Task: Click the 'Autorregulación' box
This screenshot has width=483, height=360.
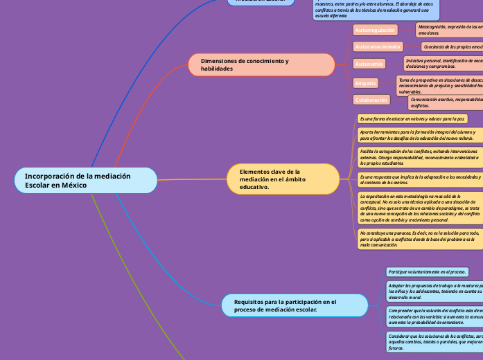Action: coord(376,30)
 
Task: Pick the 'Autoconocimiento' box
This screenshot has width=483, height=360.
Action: coord(378,47)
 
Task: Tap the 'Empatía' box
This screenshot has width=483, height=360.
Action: coord(365,83)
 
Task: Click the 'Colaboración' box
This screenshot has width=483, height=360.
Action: coord(371,100)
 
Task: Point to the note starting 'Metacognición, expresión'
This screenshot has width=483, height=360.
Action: coord(449,30)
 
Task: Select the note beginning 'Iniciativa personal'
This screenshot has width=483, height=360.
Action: coord(444,63)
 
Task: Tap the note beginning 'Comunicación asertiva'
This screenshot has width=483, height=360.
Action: coord(445,102)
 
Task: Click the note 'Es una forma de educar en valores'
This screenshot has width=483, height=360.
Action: coord(412,119)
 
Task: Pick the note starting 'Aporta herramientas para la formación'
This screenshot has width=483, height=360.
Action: coord(419,134)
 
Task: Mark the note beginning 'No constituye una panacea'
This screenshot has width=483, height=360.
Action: coord(419,238)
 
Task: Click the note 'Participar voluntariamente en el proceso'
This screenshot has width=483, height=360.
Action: coord(427,272)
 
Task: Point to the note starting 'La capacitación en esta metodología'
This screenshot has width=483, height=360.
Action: coord(419,208)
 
